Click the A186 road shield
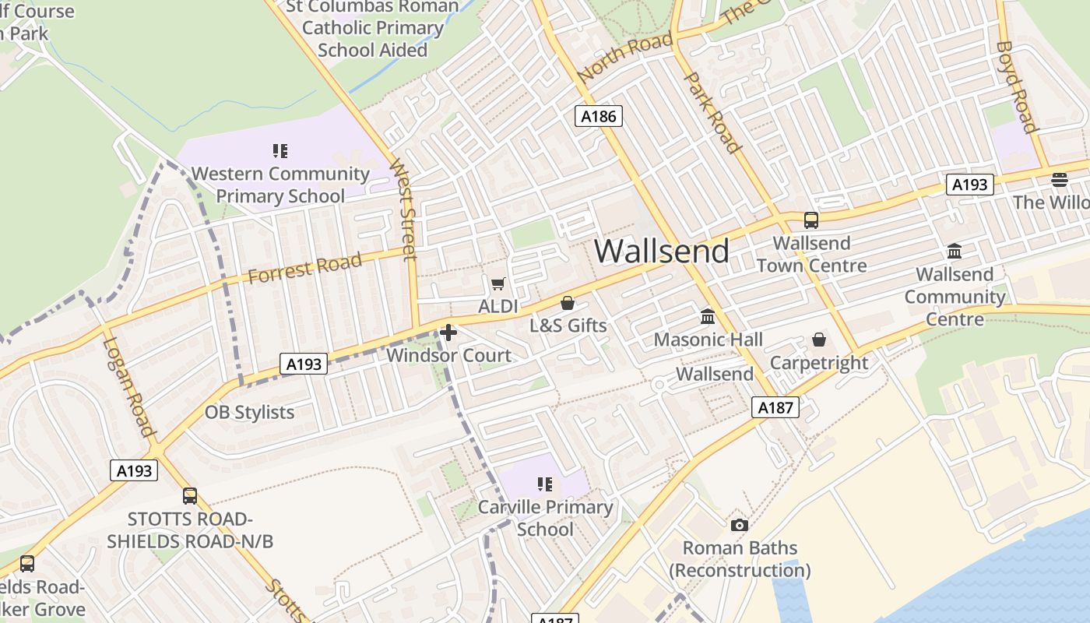click(599, 117)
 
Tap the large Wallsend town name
click(662, 251)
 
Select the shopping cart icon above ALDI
click(498, 283)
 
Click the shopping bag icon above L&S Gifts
click(568, 303)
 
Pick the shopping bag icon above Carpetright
click(819, 340)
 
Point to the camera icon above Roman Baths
click(740, 525)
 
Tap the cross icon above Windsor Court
click(448, 333)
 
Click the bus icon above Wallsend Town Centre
click(811, 220)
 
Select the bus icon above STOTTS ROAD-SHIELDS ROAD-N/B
click(189, 496)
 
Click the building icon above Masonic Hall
click(708, 317)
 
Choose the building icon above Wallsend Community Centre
click(955, 252)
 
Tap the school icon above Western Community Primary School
click(280, 151)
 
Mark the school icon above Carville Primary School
click(545, 484)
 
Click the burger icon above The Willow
click(1059, 180)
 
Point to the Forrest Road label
click(305, 267)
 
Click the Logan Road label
click(128, 386)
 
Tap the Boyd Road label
click(1017, 86)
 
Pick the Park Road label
click(712, 112)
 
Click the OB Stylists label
click(249, 412)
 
